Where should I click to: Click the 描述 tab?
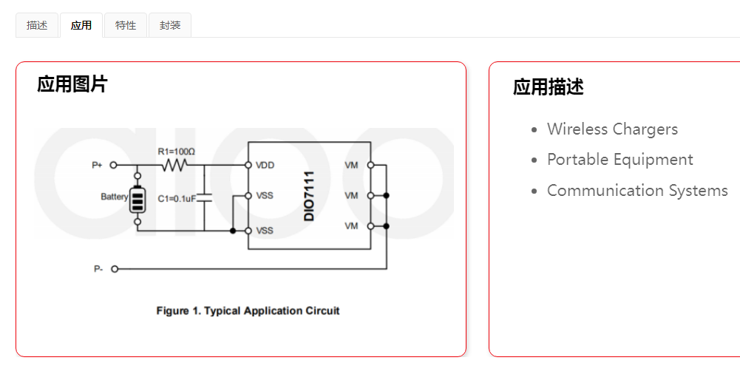coord(37,25)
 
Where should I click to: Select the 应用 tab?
coord(81,25)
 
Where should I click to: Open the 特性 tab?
coord(126,25)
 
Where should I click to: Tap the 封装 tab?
coord(170,25)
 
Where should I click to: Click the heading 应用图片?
coord(72,84)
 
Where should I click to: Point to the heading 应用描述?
coord(548,87)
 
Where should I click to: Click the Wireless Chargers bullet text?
coord(612,129)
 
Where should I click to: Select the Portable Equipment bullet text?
coord(620,160)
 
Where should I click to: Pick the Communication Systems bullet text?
coord(637,191)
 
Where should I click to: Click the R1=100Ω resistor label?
coord(176,152)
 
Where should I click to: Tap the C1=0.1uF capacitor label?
coord(177,197)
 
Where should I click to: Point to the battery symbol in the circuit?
coord(138,198)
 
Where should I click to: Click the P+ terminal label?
coord(97,165)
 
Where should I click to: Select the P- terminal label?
coord(98,269)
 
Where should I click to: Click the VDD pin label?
coord(265,165)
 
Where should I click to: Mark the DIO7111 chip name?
coord(310,195)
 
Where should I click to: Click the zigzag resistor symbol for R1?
coord(175,165)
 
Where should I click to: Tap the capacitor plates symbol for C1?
coord(205,197)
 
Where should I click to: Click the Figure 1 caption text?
coord(248,311)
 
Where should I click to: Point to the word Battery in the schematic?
coord(115,197)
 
